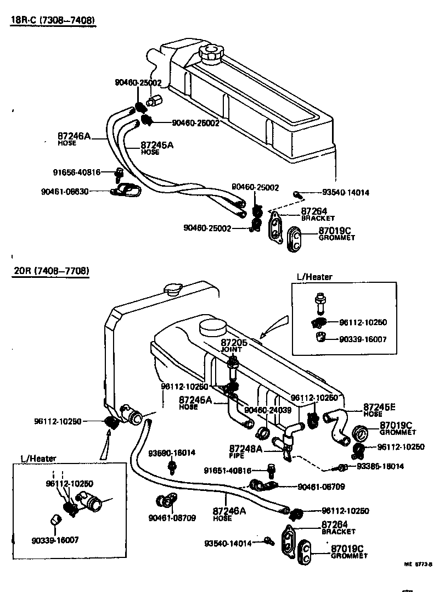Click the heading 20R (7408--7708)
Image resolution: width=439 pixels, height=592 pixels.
(50, 271)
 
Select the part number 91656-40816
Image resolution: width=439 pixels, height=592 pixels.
(76, 172)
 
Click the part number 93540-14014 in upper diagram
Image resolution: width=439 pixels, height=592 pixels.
(345, 193)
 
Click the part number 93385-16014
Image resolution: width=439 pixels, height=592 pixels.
(380, 466)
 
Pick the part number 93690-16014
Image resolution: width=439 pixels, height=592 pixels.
(171, 453)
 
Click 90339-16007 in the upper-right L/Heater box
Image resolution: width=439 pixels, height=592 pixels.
(363, 339)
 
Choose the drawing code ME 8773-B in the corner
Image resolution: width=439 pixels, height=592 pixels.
(419, 564)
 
